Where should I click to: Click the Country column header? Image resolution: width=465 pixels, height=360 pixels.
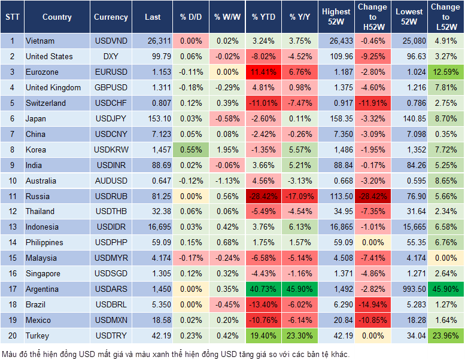tap(57, 17)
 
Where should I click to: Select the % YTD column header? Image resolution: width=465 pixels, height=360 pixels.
tap(263, 17)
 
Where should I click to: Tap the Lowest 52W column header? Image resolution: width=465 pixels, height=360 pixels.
tap(409, 17)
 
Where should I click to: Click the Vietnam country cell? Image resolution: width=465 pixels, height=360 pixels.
tap(40, 41)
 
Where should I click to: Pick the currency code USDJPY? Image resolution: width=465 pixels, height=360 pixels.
tap(111, 119)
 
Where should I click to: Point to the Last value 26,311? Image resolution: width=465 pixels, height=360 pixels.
tap(154, 41)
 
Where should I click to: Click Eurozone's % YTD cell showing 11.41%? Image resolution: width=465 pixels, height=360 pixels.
tap(263, 72)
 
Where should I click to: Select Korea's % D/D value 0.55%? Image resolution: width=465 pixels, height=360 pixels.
tap(191, 150)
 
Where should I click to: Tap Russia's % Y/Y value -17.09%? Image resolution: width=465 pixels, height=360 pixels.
tap(300, 196)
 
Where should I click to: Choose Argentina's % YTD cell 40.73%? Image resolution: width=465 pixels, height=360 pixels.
tap(263, 289)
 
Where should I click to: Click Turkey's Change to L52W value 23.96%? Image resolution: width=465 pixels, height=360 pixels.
tap(446, 335)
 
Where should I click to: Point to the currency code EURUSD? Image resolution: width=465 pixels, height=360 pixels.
tap(111, 72)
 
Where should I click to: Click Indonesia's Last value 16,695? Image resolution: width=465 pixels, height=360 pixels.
tap(154, 227)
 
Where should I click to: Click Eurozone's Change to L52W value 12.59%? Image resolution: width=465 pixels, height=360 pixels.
tap(446, 72)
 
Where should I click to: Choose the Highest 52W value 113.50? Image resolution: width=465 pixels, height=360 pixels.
tap(336, 196)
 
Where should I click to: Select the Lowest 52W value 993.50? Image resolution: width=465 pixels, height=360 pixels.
tap(409, 289)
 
